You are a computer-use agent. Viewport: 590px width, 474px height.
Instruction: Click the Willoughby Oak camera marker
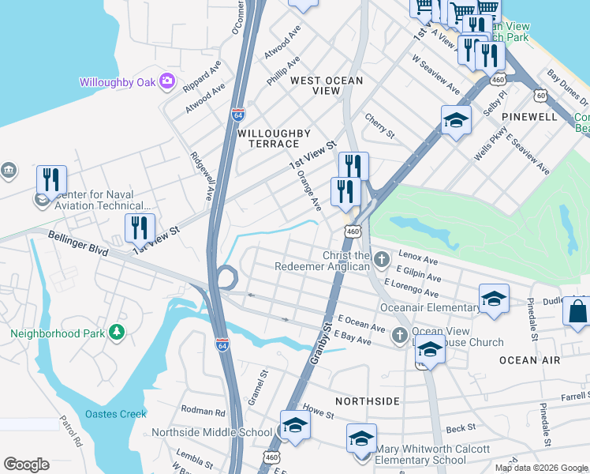point(166,81)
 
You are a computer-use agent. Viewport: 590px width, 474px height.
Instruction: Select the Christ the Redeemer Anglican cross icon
point(382,258)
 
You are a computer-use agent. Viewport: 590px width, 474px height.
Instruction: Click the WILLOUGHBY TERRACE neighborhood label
point(268,138)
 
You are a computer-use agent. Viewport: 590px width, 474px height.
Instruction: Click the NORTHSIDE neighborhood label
point(368,401)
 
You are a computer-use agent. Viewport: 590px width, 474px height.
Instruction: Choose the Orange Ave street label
point(309,192)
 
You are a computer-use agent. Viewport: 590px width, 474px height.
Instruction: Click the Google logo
point(26,465)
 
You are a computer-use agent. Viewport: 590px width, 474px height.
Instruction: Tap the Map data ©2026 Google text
point(541,468)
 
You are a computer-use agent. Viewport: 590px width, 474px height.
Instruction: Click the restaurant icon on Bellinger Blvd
point(140,228)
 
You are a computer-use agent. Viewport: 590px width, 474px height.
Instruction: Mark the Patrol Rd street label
point(71,431)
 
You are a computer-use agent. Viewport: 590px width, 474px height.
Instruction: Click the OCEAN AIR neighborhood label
point(529,359)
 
